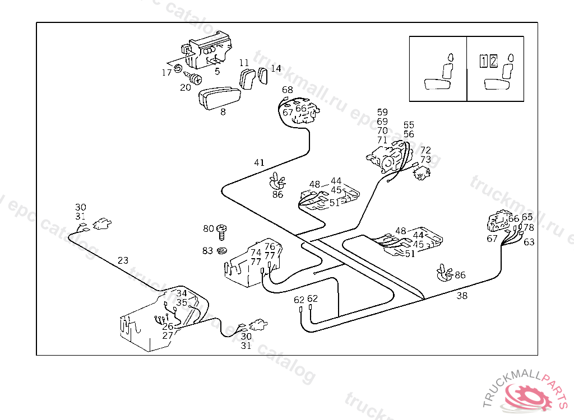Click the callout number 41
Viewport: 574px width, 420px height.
258,162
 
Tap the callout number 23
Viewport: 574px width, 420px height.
123,260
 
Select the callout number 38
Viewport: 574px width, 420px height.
462,296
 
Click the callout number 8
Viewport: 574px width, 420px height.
223,112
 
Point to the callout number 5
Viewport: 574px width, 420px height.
217,71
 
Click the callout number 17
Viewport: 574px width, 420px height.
166,73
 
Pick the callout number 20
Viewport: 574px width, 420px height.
185,87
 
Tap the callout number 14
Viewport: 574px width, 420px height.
276,68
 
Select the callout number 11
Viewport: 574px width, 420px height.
244,63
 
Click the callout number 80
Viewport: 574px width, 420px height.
208,228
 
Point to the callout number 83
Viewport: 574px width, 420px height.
208,250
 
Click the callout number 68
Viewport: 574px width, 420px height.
287,90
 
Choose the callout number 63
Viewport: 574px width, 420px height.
529,242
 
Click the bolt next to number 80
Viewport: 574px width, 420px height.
221,230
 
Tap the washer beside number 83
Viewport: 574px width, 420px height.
221,250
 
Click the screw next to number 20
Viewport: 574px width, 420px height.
196,80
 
